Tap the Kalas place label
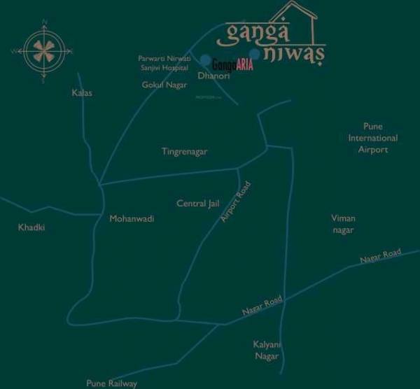(x=82, y=92)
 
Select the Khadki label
(x=31, y=227)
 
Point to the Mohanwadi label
(x=132, y=218)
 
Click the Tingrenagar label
(x=184, y=151)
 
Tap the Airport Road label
(x=235, y=201)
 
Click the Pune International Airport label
(x=373, y=138)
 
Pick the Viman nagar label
(x=343, y=224)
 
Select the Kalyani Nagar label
(x=266, y=351)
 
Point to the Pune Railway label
(x=111, y=383)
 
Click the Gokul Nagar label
(x=161, y=85)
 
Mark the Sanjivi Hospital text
(x=165, y=68)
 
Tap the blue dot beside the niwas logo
(x=255, y=54)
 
